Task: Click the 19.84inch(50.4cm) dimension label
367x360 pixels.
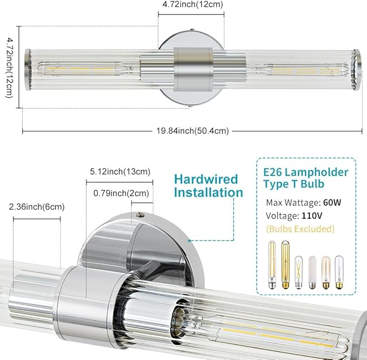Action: [x=192, y=131]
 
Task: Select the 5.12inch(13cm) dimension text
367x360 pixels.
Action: [x=120, y=171]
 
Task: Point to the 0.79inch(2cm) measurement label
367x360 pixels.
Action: [x=121, y=193]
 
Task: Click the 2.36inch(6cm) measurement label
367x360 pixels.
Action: [x=37, y=206]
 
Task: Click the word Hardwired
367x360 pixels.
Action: [x=206, y=179]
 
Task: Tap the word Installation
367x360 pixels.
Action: [x=209, y=192]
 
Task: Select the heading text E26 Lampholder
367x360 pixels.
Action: [x=306, y=172]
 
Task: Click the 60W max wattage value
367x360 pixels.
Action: [x=332, y=202]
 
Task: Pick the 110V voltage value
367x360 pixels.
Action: [x=312, y=216]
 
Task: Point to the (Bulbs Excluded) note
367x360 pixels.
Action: [x=301, y=229]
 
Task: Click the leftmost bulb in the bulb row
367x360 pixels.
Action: [x=272, y=265]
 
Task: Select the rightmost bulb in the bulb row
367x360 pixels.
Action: [x=339, y=272]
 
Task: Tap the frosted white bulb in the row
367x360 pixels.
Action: [x=312, y=272]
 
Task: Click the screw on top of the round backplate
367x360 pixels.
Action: [x=141, y=214]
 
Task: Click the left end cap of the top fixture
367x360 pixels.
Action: [x=28, y=70]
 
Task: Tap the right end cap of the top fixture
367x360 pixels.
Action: [x=358, y=70]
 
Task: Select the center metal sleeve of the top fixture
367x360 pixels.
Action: [x=193, y=69]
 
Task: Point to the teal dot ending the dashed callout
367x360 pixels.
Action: [x=189, y=241]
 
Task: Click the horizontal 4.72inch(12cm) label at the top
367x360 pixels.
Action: [x=192, y=4]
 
